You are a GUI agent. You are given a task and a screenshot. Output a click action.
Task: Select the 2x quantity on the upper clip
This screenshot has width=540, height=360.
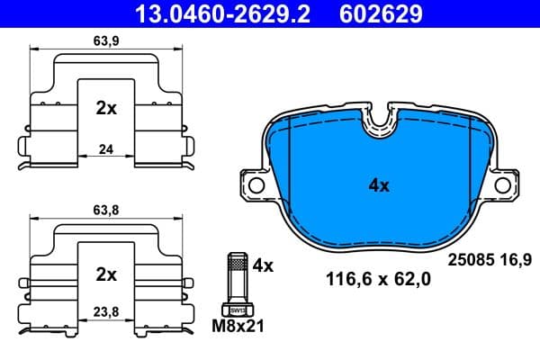(x=106, y=108)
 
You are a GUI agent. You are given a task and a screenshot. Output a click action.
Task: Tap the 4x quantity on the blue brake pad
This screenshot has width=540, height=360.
(x=379, y=186)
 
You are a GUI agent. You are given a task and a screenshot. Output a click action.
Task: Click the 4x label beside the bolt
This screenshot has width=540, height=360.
(x=263, y=266)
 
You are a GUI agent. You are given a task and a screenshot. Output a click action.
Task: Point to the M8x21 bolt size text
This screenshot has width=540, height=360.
(x=238, y=325)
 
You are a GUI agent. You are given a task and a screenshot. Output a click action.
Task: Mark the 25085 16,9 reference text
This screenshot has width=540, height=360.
(x=490, y=259)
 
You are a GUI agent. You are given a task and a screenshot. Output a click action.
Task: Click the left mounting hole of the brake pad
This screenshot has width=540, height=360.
(x=256, y=185)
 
